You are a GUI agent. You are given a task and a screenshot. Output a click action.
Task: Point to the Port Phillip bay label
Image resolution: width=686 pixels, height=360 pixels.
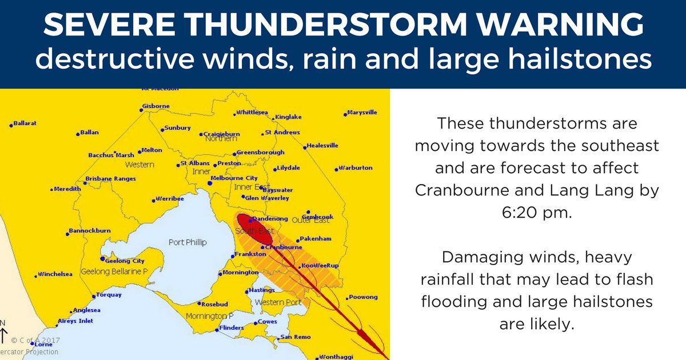pyautogui.click(x=188, y=242)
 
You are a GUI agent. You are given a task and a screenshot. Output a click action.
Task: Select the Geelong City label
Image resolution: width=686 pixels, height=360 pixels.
pyautogui.click(x=126, y=261)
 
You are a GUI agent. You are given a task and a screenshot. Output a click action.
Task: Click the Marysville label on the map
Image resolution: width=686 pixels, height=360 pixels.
pyautogui.click(x=362, y=113)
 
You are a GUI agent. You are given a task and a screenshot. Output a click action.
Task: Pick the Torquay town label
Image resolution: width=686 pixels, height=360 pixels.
pyautogui.click(x=110, y=295)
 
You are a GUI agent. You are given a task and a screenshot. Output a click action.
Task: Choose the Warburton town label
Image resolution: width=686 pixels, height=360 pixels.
pyautogui.click(x=356, y=168)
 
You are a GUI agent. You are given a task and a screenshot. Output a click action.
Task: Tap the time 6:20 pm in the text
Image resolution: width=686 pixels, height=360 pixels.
pyautogui.click(x=536, y=213)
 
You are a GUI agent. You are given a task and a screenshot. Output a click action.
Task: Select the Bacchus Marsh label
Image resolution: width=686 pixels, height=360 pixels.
pyautogui.click(x=111, y=155)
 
